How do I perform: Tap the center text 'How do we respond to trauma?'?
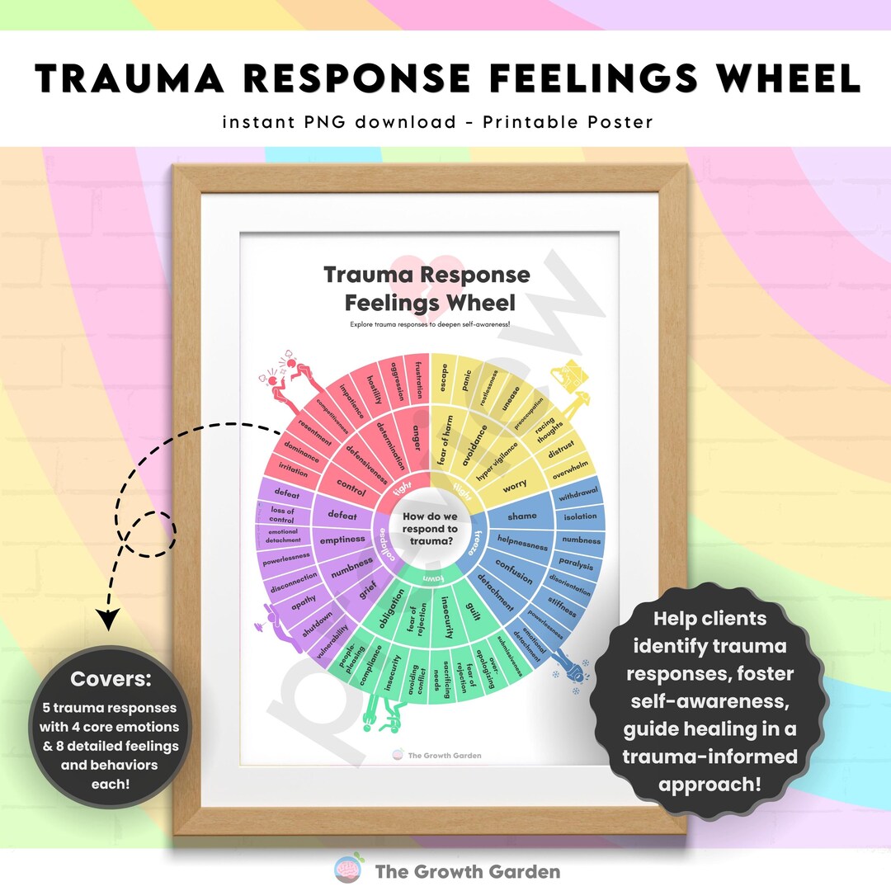tap(429, 529)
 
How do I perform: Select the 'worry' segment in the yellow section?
tap(515, 487)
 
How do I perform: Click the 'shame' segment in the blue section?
tap(522, 516)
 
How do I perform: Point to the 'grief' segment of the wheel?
tap(366, 592)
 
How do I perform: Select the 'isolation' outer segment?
tap(580, 516)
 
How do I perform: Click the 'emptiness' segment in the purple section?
tap(342, 540)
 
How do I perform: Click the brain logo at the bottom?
tap(347, 870)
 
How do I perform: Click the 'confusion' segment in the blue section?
tap(514, 570)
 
